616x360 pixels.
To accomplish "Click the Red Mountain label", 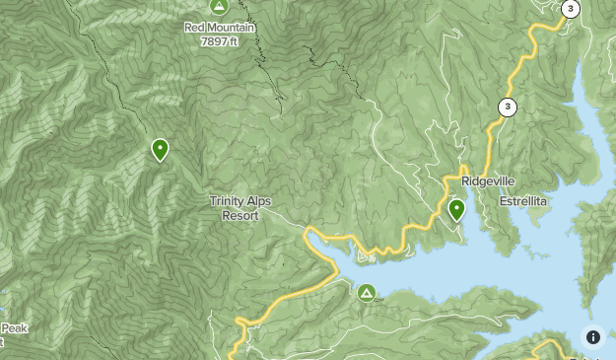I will [220, 28].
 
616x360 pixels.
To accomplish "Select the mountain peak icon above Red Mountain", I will [220, 7].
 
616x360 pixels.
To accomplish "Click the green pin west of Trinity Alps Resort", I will [160, 150].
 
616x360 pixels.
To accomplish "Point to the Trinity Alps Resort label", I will [240, 207].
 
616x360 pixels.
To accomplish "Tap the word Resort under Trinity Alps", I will [240, 214].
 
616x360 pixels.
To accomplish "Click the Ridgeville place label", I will [488, 181].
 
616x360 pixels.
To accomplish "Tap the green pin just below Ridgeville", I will [456, 209].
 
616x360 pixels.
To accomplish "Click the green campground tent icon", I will [367, 292].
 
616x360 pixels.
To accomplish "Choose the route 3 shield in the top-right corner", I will [570, 9].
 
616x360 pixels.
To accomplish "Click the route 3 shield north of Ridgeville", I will [507, 107].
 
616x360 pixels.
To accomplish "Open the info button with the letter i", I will [593, 337].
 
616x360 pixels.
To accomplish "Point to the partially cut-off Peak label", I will [13, 328].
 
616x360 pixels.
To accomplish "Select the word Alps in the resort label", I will [256, 201].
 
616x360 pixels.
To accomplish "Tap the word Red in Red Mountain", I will [194, 28].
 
